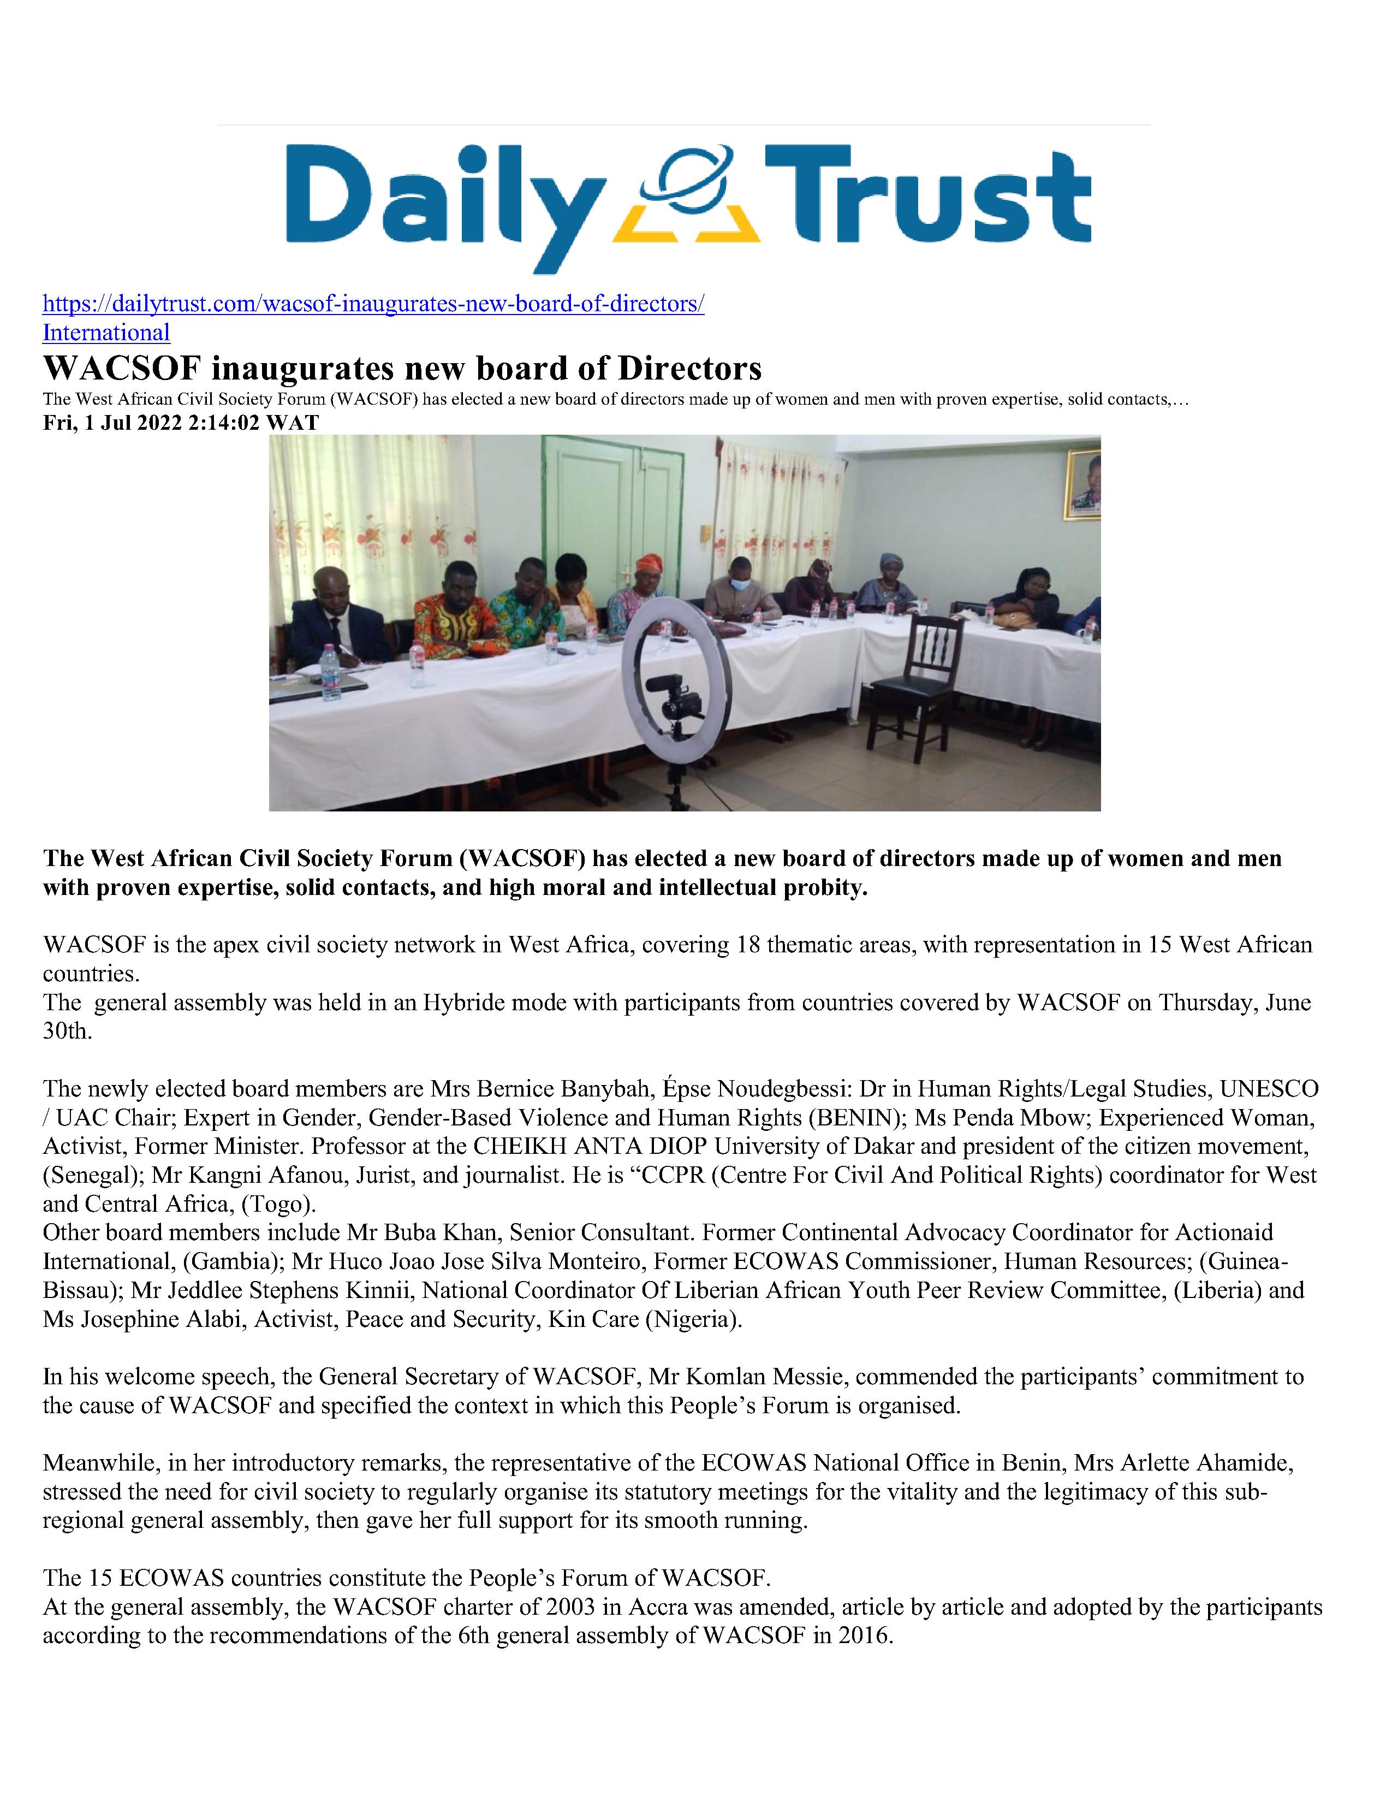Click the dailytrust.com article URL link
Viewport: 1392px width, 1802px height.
[373, 305]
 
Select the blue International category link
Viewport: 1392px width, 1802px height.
[106, 333]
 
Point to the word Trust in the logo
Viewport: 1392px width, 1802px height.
[927, 198]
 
